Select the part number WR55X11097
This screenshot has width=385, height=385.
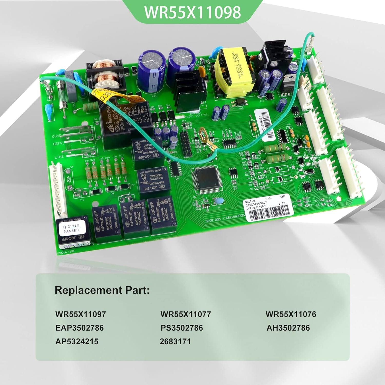(x=80, y=314)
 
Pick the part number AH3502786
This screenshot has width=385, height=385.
(x=288, y=328)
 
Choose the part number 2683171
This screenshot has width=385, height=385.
(x=175, y=341)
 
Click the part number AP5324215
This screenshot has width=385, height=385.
(x=77, y=341)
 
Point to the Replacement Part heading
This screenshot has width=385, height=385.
(x=102, y=290)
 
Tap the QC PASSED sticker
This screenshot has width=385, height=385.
(x=71, y=228)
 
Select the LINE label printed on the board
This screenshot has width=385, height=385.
(x=59, y=157)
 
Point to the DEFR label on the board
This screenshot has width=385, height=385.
(x=58, y=144)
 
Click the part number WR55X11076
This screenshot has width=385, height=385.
(x=291, y=314)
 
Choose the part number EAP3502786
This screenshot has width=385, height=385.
(x=79, y=328)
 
